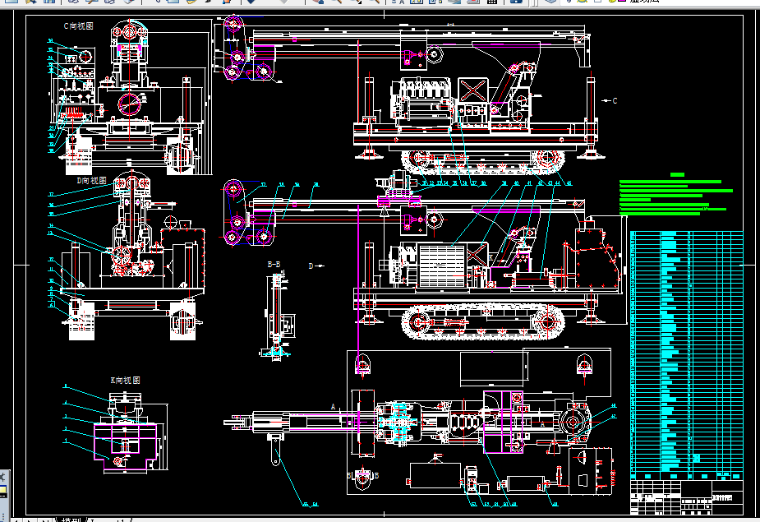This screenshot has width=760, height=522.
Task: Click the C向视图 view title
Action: [79, 26]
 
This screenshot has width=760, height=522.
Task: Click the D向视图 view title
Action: [91, 179]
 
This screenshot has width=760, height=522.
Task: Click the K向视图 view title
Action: [125, 381]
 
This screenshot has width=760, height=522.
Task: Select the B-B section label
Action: [274, 264]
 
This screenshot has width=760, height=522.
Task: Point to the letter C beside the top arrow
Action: [614, 100]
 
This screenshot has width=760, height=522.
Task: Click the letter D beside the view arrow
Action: [311, 266]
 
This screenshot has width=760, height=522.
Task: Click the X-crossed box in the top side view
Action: [472, 91]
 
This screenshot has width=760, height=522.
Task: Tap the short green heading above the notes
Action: [677, 174]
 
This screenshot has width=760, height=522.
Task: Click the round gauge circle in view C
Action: [129, 104]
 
